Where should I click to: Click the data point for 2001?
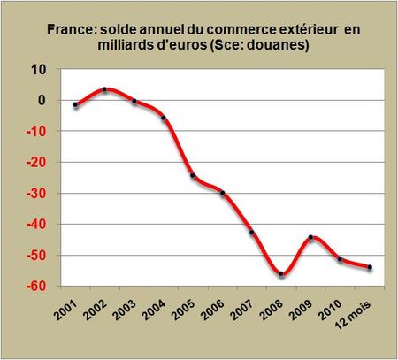(76, 105)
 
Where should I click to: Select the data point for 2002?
(105, 89)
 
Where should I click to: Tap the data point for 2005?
(193, 175)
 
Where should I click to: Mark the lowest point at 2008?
(281, 274)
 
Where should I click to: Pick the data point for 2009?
(310, 237)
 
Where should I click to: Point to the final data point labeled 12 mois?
(369, 267)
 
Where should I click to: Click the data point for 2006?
(222, 193)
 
